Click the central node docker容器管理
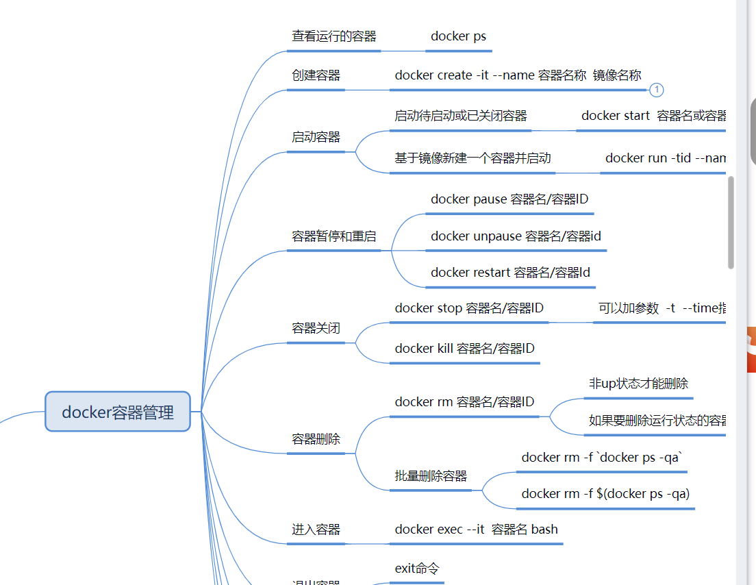tap(118, 412)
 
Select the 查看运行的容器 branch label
tap(334, 36)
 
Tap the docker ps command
tap(458, 36)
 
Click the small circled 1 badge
tap(656, 90)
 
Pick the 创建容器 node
tap(316, 75)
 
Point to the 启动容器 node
tap(316, 137)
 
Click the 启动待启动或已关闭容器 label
tap(461, 116)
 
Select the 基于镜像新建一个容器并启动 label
tap(473, 158)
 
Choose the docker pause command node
tap(509, 199)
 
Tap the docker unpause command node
tap(516, 236)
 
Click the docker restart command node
tap(510, 273)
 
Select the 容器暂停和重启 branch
tap(334, 236)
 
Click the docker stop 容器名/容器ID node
tap(469, 308)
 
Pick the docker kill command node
tap(464, 349)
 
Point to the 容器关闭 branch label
tap(316, 328)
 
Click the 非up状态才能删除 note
tap(638, 384)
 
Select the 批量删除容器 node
tap(431, 476)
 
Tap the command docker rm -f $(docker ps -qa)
tap(605, 494)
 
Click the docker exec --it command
tap(476, 530)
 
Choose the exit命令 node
tap(417, 569)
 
